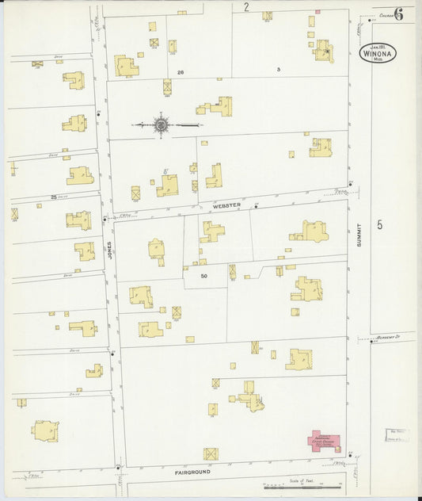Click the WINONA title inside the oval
click(x=378, y=52)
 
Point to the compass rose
click(x=162, y=124)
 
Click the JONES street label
click(x=111, y=252)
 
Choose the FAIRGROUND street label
click(x=192, y=472)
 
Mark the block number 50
click(x=203, y=275)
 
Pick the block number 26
click(x=181, y=71)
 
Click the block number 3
click(x=278, y=71)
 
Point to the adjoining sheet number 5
click(x=380, y=225)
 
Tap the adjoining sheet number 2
click(x=246, y=7)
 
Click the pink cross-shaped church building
click(x=324, y=439)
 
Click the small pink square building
click(x=317, y=12)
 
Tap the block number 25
click(x=55, y=197)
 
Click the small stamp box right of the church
click(x=397, y=434)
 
